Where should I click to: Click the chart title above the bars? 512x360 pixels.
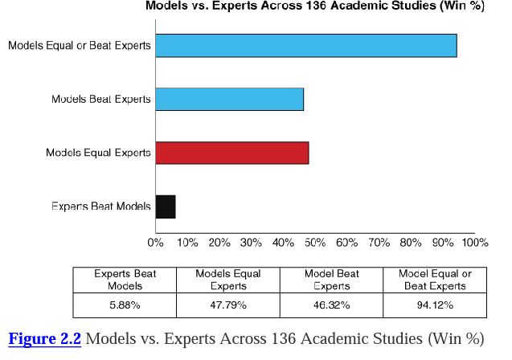313,6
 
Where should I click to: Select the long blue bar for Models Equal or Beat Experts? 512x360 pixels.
305,46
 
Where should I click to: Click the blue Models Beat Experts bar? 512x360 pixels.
229,99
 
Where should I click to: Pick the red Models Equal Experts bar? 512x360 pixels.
231,153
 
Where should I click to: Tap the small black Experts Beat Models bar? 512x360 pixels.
166,207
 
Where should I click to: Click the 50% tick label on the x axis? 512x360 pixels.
314,242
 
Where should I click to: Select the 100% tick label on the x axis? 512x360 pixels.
474,242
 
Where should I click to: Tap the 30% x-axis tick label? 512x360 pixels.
251,242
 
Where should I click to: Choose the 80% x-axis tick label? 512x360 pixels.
410,242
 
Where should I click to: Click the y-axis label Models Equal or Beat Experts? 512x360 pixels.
80,46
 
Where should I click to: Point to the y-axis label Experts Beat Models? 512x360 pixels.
101,207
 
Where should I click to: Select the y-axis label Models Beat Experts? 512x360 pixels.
101,100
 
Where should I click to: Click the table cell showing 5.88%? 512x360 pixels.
125,305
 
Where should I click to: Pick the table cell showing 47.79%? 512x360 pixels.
228,305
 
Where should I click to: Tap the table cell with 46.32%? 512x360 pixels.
332,305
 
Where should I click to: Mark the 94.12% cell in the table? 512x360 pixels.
435,305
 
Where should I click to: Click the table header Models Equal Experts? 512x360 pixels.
228,280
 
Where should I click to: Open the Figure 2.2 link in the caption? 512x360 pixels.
45,339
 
